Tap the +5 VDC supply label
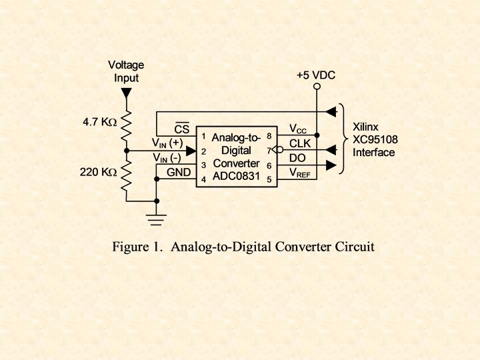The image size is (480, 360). click(316, 75)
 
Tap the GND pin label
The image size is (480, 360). click(179, 171)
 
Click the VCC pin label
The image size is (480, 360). click(299, 128)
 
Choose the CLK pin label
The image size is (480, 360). click(300, 143)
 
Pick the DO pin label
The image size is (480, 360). click(297, 157)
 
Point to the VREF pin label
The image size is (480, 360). click(301, 172)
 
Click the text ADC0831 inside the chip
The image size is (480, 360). click(237, 176)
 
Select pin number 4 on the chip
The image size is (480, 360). click(203, 179)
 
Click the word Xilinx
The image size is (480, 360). click(366, 126)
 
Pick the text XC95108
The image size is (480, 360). click(374, 139)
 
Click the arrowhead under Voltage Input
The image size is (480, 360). click(127, 95)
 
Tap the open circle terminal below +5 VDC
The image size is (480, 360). click(317, 87)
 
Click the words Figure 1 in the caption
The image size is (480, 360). click(137, 247)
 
